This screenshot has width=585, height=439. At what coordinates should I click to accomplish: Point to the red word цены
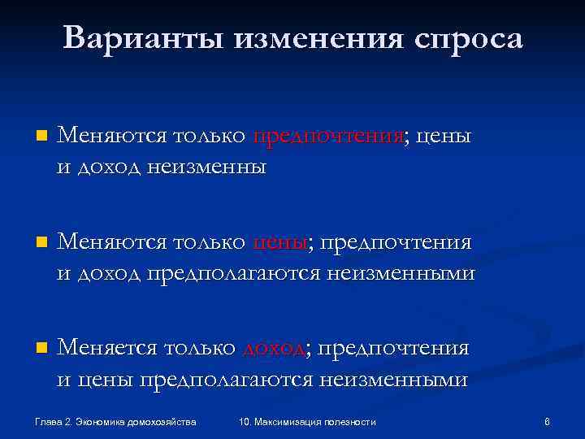pos(280,241)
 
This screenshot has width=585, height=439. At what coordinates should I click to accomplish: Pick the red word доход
pos(274,349)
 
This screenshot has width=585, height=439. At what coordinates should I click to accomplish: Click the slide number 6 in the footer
pos(547,421)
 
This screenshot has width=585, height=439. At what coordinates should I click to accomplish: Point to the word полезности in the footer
pos(350,421)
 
